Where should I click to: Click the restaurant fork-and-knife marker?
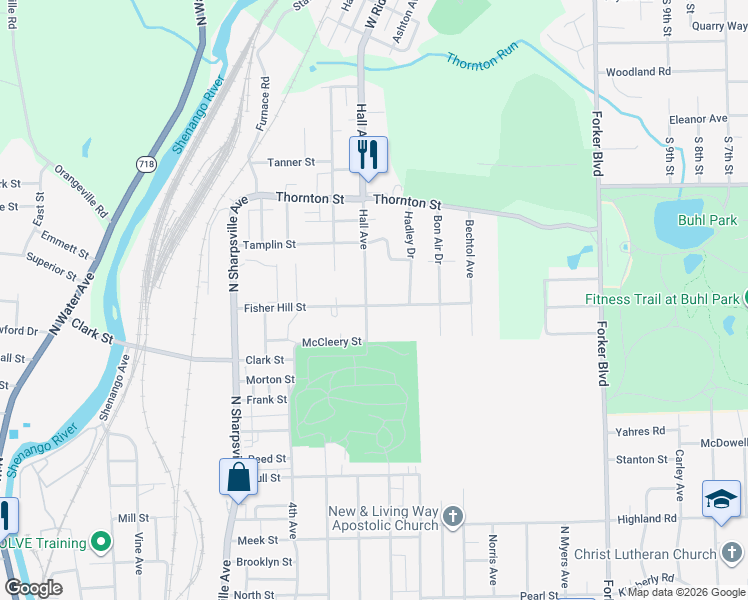coord(368,154)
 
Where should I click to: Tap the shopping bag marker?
coord(238,475)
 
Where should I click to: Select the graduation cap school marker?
coord(721,497)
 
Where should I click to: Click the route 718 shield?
coord(147,163)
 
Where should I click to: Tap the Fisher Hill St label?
coord(275,308)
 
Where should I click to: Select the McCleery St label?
coord(331,342)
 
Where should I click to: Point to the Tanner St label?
coord(291,161)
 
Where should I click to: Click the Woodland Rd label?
coord(638,72)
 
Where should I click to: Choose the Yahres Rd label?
coord(642,432)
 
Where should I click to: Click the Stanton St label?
coord(642,460)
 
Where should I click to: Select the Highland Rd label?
coord(647,519)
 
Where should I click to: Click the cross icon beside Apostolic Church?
coord(453,516)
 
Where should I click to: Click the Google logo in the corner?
coord(33,588)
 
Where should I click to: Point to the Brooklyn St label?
coord(264,562)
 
